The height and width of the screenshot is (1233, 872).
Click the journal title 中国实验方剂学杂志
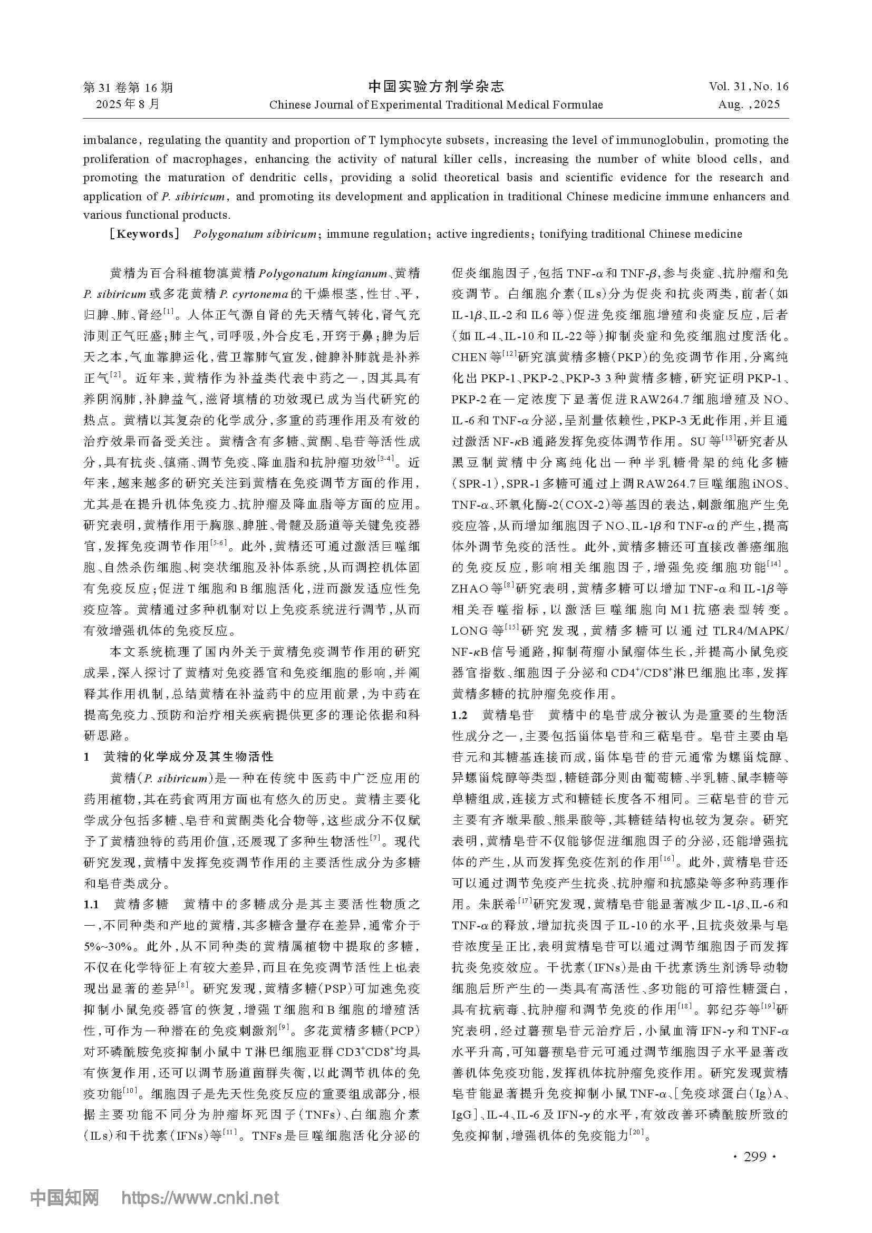pos(436,86)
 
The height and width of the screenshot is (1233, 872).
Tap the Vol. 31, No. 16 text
pos(749,86)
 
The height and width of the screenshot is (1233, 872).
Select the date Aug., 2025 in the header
pos(749,104)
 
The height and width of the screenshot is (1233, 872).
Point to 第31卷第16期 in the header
pos(128,88)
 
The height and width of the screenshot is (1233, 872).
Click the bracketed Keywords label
pos(143,234)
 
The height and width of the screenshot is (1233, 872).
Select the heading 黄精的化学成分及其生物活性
pos(188,756)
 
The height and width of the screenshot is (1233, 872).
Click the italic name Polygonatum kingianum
pos(323,274)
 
